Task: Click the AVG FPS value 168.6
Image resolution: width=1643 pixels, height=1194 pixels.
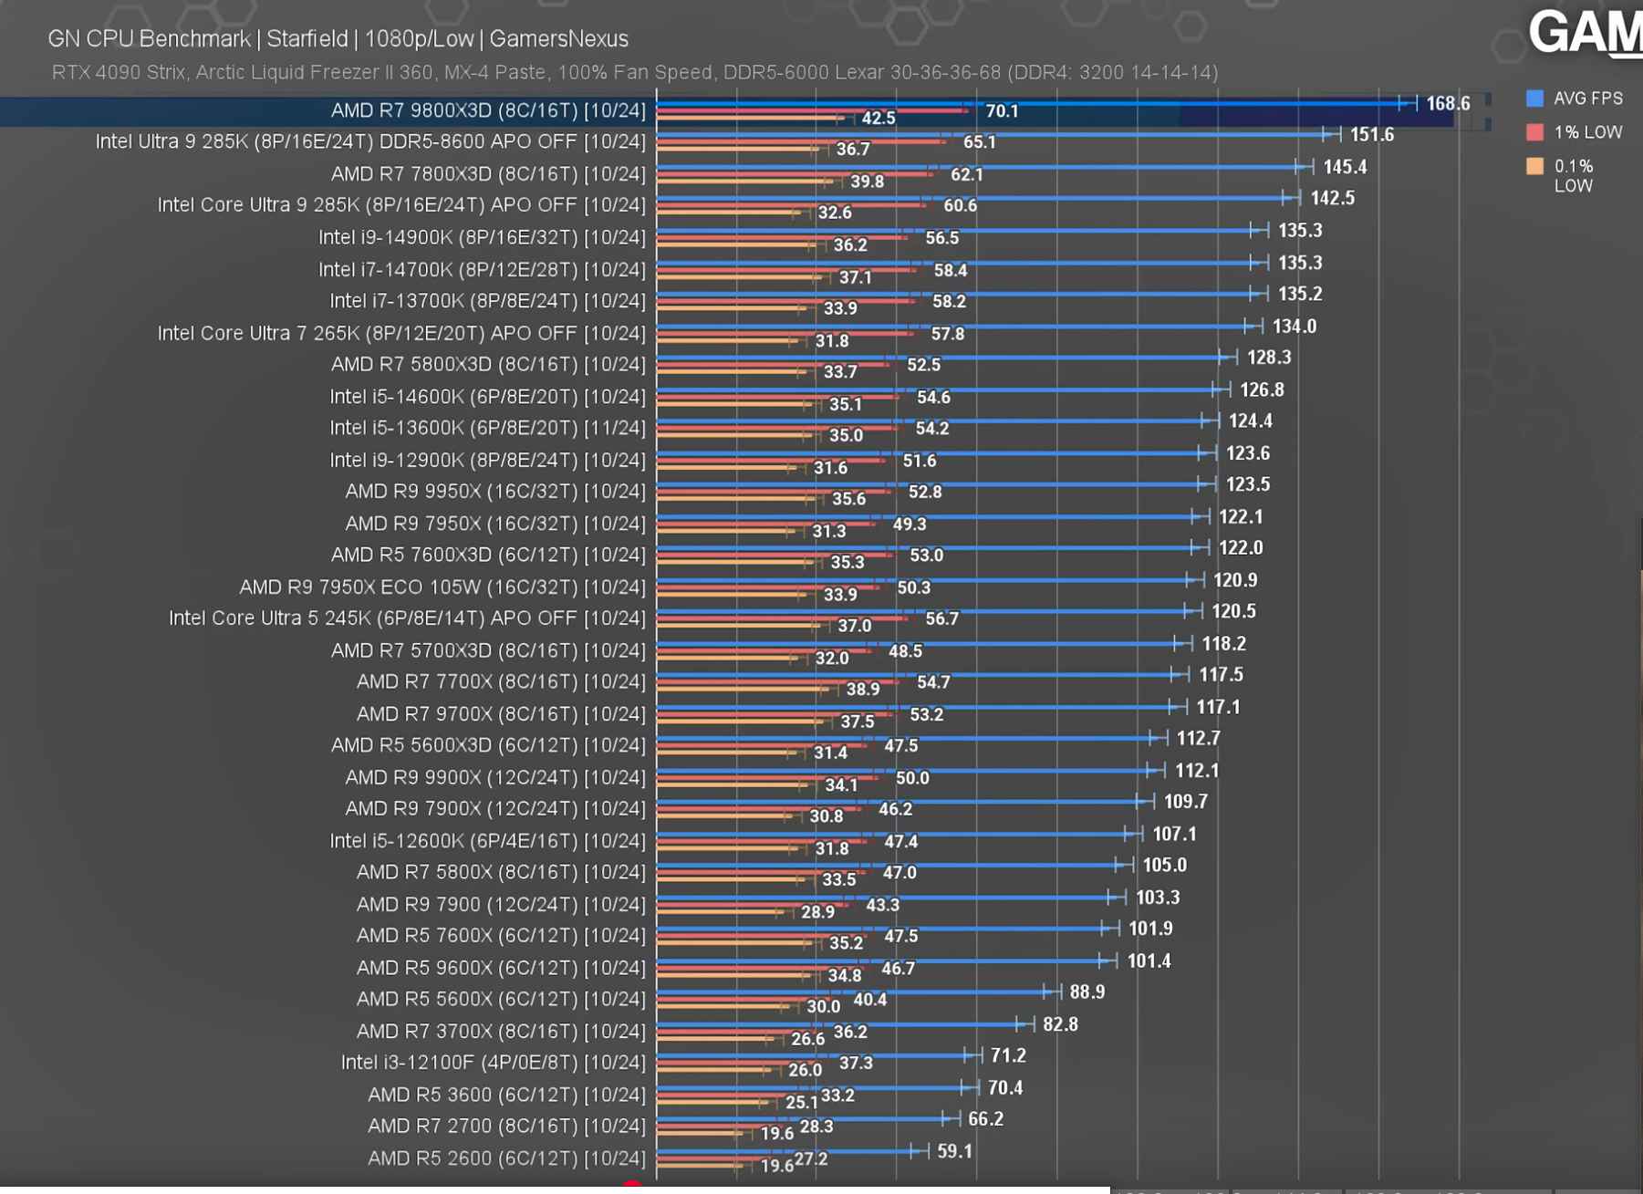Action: [x=1448, y=104]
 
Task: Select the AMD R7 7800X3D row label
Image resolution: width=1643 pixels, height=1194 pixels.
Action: [x=487, y=173]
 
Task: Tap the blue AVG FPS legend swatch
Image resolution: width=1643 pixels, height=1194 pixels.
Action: [x=1534, y=99]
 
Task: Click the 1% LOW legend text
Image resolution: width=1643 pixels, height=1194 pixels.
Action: [x=1587, y=132]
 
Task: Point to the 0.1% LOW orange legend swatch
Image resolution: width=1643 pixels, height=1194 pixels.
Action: [x=1534, y=166]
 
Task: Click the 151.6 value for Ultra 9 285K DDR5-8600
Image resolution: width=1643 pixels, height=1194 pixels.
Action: [x=1371, y=135]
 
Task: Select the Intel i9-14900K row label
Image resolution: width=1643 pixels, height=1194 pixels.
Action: [x=481, y=237]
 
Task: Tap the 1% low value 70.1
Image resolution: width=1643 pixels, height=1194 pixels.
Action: [x=1001, y=111]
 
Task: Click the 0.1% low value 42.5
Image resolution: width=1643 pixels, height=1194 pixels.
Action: [x=878, y=119]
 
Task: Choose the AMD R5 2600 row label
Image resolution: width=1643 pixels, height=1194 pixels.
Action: [x=505, y=1158]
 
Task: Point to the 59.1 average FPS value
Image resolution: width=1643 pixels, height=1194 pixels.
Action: [x=954, y=1151]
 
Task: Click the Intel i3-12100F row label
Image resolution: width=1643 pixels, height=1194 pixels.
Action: [x=493, y=1063]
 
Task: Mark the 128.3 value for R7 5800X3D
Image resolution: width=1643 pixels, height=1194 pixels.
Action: [x=1268, y=358]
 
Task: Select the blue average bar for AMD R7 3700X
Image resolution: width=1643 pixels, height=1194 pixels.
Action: [x=839, y=1024]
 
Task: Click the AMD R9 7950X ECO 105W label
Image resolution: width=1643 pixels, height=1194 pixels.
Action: [x=442, y=587]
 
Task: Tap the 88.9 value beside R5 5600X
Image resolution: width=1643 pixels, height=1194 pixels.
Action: [x=1087, y=992]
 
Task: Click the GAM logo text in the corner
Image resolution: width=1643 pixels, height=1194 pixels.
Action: [x=1584, y=33]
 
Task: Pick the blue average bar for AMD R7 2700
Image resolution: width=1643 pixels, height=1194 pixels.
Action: [x=803, y=1119]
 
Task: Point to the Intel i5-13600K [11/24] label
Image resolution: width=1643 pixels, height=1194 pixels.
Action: [x=487, y=428]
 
